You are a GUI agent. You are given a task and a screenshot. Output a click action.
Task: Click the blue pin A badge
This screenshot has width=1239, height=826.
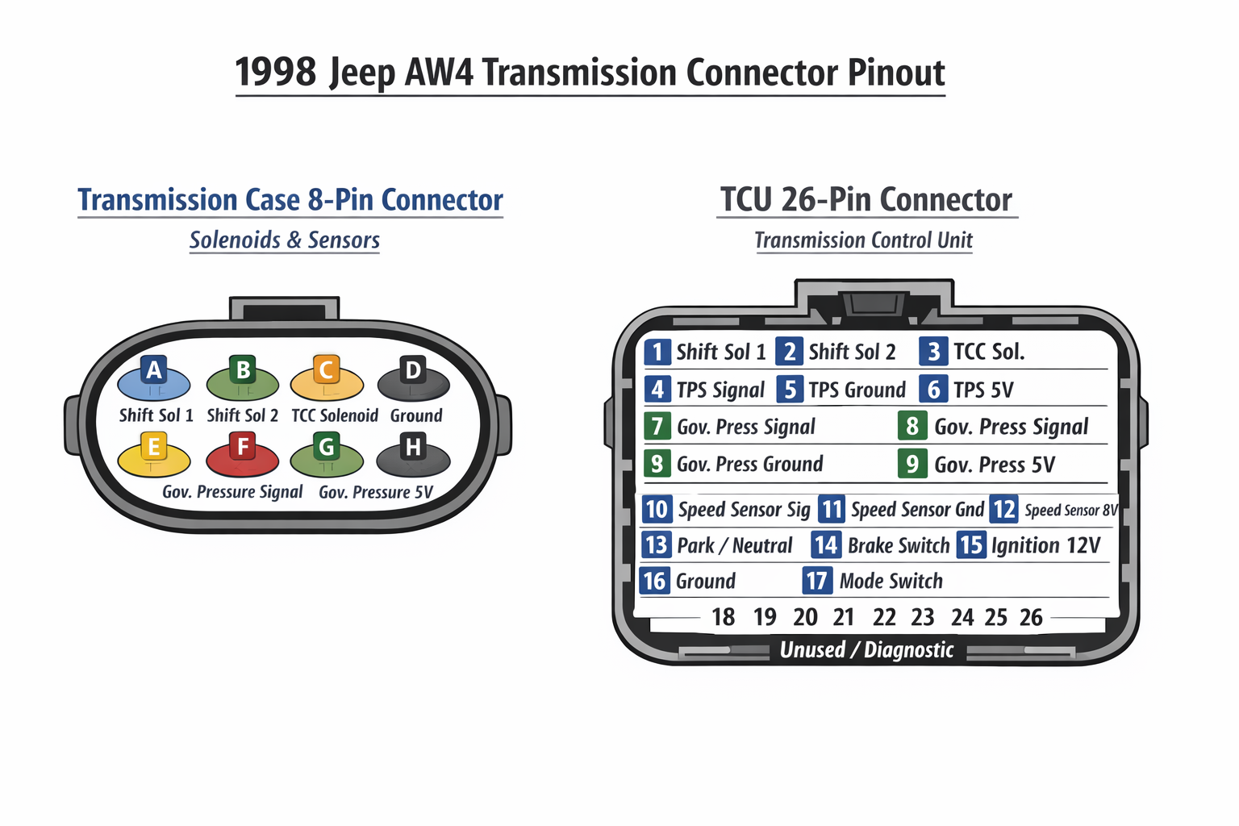[x=153, y=370]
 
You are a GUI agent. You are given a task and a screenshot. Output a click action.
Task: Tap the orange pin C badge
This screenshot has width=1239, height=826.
[x=326, y=369]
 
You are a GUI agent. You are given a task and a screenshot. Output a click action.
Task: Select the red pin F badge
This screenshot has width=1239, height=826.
[x=243, y=446]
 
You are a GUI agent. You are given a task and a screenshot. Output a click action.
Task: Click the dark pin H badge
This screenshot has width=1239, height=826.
[x=413, y=446]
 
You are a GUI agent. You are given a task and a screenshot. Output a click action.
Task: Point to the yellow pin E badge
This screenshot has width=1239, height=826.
[x=153, y=446]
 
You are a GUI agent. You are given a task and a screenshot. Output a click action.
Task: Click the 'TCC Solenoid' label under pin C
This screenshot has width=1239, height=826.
[x=335, y=415]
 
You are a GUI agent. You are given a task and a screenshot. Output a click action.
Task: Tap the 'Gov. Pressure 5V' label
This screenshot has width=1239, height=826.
[x=376, y=492]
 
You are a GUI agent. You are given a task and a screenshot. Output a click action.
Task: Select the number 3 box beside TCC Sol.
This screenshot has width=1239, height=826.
[x=933, y=352]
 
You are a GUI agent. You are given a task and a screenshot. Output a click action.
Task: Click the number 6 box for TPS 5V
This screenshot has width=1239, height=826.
[x=933, y=390]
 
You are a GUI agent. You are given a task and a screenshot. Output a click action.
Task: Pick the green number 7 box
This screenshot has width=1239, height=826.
[x=657, y=427]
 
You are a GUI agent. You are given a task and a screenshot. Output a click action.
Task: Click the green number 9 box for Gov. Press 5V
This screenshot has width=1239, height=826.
[x=912, y=464]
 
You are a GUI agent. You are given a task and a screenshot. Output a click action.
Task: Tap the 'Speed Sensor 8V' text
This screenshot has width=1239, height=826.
[x=1071, y=510]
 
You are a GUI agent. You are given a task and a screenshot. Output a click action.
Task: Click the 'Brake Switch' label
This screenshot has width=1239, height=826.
[x=899, y=546]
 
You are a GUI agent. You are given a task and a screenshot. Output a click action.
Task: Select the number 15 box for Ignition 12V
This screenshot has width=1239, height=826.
[x=971, y=545]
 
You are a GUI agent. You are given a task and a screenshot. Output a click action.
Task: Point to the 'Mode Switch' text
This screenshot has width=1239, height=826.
[x=891, y=581]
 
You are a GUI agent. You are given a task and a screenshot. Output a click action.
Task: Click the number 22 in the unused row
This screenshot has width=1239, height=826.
[x=884, y=617]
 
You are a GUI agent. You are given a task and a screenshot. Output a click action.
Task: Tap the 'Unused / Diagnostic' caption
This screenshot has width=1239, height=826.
[x=866, y=650]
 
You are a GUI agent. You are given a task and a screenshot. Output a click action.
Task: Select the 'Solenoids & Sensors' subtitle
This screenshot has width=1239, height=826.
[x=284, y=240]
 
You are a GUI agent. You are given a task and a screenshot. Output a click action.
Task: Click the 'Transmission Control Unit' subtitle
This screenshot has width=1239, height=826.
[x=863, y=240]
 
